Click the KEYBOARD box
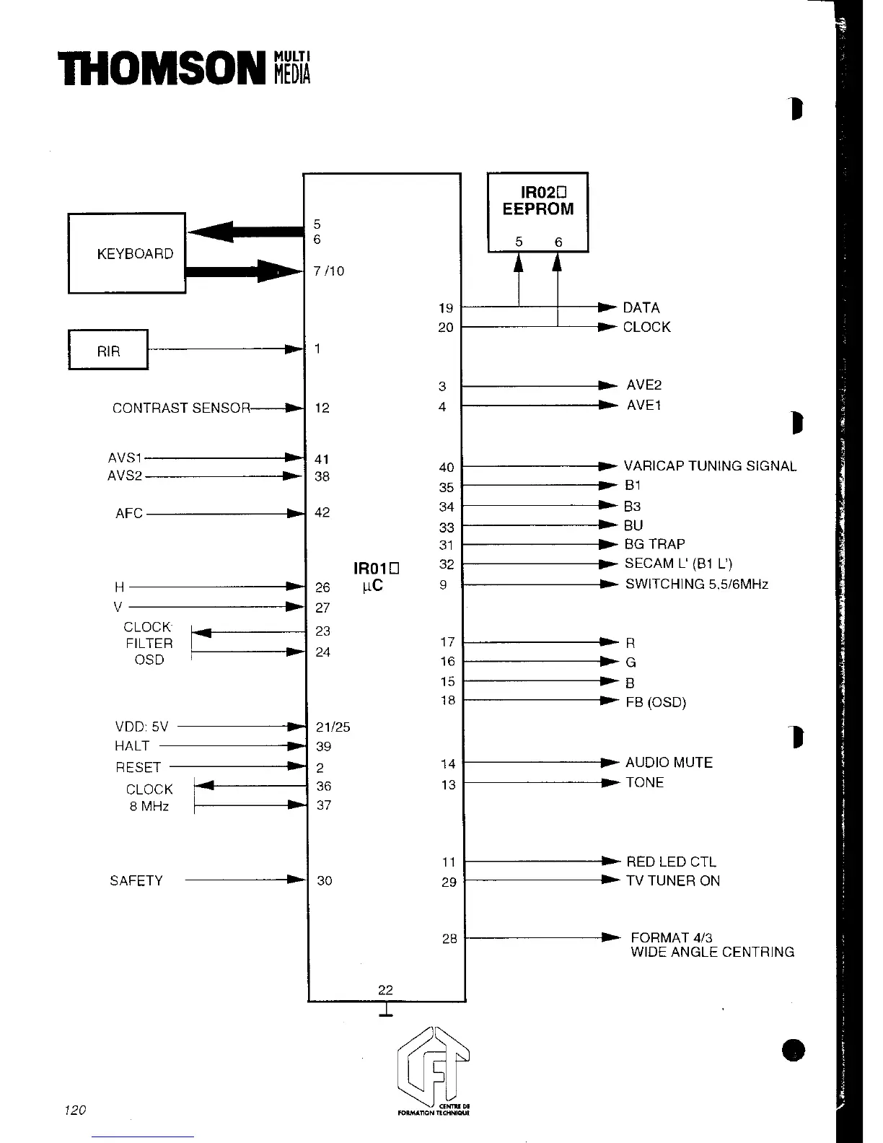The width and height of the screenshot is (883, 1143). (x=127, y=253)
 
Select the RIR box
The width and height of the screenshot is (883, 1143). (x=108, y=350)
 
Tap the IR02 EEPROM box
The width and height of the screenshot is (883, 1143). (x=538, y=211)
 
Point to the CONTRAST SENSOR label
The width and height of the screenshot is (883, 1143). (x=181, y=408)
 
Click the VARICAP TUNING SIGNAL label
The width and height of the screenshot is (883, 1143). (x=710, y=466)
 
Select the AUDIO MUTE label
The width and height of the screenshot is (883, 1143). (x=669, y=763)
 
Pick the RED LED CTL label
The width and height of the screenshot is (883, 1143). (x=671, y=862)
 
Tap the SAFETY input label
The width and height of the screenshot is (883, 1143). (x=136, y=880)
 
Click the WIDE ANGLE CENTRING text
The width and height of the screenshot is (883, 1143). (x=712, y=952)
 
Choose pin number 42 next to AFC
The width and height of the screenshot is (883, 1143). (x=322, y=513)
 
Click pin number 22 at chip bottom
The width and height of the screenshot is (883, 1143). (x=385, y=990)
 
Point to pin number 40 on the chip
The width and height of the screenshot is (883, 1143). (x=447, y=468)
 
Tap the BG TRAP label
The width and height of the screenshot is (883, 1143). (x=655, y=544)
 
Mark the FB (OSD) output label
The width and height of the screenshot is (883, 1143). (x=656, y=702)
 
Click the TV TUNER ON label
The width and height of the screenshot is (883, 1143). (x=673, y=881)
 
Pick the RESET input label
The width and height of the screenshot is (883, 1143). (x=139, y=767)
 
